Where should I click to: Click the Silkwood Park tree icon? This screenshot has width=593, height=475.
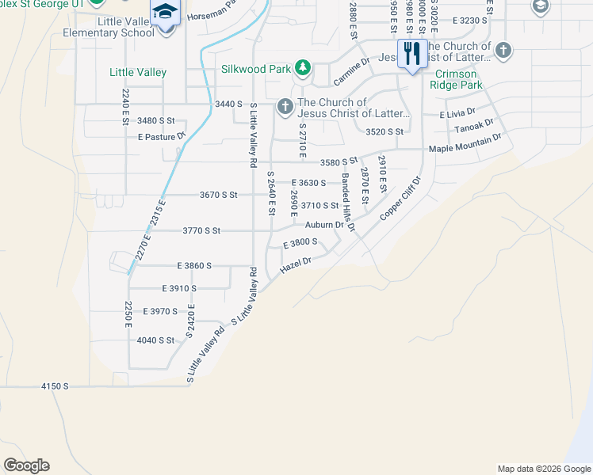(x=302, y=67)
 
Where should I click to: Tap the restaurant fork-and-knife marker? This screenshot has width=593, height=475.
(x=411, y=53)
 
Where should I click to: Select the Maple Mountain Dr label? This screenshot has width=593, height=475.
(x=465, y=143)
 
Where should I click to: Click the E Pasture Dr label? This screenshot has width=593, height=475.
(x=161, y=136)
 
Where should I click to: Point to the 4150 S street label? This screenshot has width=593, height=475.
(x=55, y=386)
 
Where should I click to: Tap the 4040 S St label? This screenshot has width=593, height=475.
(x=155, y=340)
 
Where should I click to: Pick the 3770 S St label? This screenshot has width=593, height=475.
(x=201, y=231)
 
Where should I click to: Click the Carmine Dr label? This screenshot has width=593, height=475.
(x=352, y=72)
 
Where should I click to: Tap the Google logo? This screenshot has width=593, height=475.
(x=26, y=465)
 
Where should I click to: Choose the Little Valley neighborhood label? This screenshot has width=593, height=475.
(x=138, y=72)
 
